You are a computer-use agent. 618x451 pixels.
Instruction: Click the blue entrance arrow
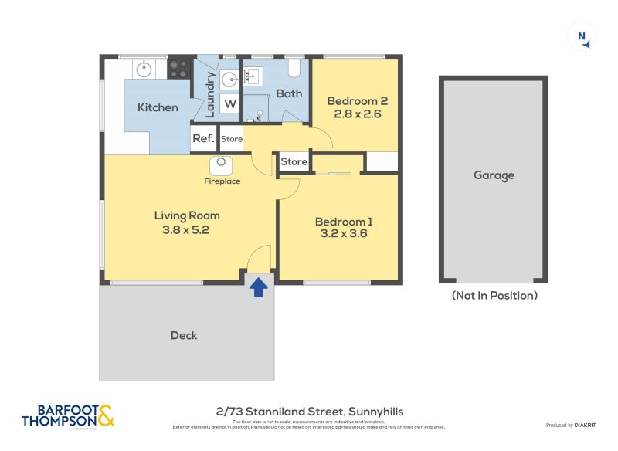259,287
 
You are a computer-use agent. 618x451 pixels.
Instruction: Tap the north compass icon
582,37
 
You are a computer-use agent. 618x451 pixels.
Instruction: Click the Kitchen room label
158,107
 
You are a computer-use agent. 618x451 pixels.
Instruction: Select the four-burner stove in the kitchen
179,69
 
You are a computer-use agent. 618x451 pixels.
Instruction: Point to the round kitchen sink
144,70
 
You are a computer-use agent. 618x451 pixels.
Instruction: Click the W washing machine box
231,103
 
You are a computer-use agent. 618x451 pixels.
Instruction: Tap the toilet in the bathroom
293,70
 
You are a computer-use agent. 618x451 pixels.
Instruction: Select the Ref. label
202,139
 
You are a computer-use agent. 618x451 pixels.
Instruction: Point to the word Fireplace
222,181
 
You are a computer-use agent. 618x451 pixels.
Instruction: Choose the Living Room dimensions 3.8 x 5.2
187,229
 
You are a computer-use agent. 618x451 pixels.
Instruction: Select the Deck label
184,335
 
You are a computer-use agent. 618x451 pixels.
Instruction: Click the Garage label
494,175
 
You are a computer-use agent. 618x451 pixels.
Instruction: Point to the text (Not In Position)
494,295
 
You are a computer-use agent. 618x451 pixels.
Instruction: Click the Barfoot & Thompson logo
68,415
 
